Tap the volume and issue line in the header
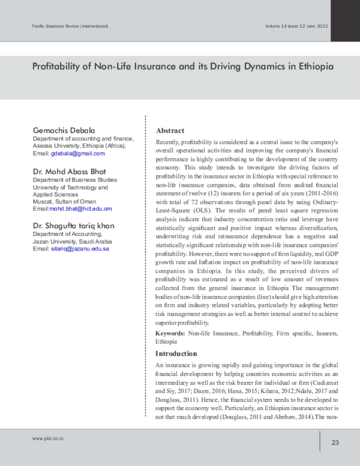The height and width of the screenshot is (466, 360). coord(296,26)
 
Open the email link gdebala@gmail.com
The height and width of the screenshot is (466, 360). coord(77,153)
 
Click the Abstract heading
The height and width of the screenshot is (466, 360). coord(170,130)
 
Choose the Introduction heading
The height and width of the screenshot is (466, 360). coord(177,354)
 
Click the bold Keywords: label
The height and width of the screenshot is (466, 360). coord(170,332)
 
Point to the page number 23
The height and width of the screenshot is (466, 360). coord(335,443)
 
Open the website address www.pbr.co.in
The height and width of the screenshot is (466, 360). coord(48,439)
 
